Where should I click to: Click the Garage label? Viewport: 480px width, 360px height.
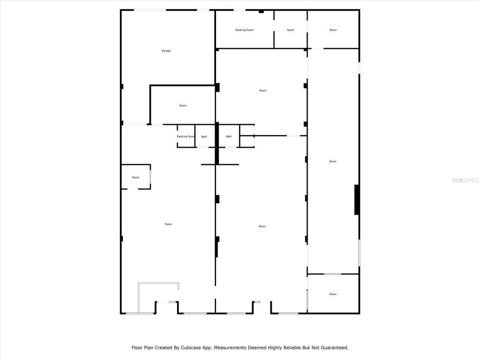166,51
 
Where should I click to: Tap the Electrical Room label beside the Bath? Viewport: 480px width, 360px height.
186,136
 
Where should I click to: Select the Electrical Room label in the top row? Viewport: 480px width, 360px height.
244,30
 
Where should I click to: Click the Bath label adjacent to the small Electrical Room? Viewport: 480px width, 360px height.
204,136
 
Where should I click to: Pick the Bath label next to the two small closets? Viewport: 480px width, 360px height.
229,136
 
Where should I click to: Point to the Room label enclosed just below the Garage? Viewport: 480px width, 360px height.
183,106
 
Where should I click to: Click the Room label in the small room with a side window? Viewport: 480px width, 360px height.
136,177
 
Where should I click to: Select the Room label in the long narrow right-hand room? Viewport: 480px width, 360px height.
333,162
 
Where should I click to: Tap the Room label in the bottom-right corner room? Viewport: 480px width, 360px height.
333,294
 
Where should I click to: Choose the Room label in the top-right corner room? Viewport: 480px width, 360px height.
333,30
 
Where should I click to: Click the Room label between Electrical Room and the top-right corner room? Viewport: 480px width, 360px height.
291,30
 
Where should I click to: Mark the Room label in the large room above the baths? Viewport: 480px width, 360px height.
263,90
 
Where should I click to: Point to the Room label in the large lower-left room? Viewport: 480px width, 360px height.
168,224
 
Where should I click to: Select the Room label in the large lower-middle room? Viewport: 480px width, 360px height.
262,226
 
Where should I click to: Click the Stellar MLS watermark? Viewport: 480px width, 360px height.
465,180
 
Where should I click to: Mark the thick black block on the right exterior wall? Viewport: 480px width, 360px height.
357,199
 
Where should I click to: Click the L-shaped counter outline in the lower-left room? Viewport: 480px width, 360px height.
139,296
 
